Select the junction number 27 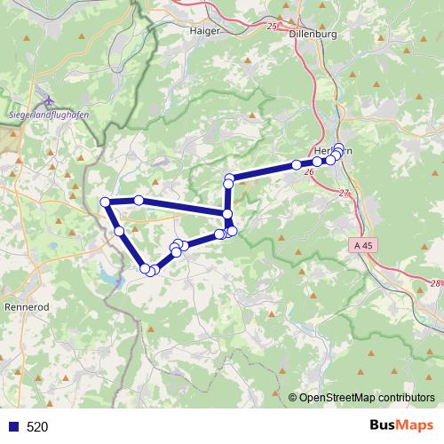pyautogui.click(x=345, y=194)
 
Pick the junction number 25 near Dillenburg pyautogui.click(x=272, y=28)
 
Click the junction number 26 pyautogui.click(x=309, y=171)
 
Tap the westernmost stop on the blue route pyautogui.click(x=106, y=202)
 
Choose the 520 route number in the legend pyautogui.click(x=37, y=426)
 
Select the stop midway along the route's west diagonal pyautogui.click(x=120, y=231)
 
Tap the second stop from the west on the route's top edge pyautogui.click(x=139, y=201)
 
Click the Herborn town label pyautogui.click(x=335, y=150)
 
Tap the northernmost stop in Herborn pyautogui.click(x=338, y=148)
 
